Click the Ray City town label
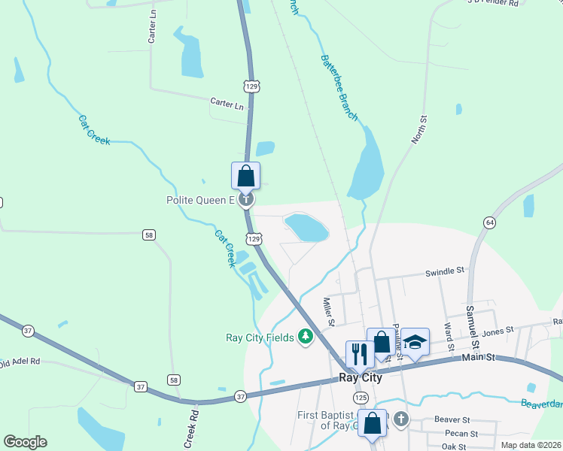click(x=360, y=378)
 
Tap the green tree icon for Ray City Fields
click(x=306, y=337)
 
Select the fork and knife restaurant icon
click(x=358, y=353)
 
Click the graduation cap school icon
click(x=415, y=342)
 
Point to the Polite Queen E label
click(x=201, y=201)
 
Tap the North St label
click(x=420, y=130)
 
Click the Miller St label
click(x=329, y=312)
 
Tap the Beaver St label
click(x=452, y=419)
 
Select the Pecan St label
click(x=460, y=434)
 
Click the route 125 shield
click(x=361, y=396)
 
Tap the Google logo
click(x=25, y=442)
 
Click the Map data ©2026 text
click(x=530, y=445)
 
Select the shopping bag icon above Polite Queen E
click(x=245, y=177)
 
